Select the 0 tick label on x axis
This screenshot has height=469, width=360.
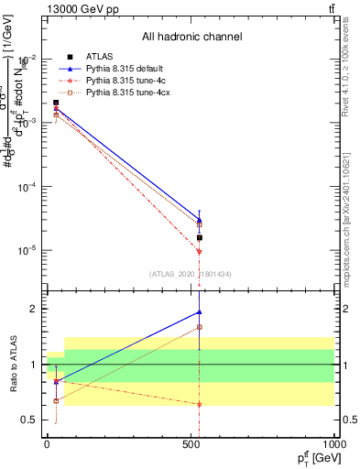tap(46, 443)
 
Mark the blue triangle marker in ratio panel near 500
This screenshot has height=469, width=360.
tap(199, 312)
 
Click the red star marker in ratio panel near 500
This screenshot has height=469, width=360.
tap(199, 404)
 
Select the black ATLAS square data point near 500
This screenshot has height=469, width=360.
tap(199, 237)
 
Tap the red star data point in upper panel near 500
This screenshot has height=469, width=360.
tap(199, 252)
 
